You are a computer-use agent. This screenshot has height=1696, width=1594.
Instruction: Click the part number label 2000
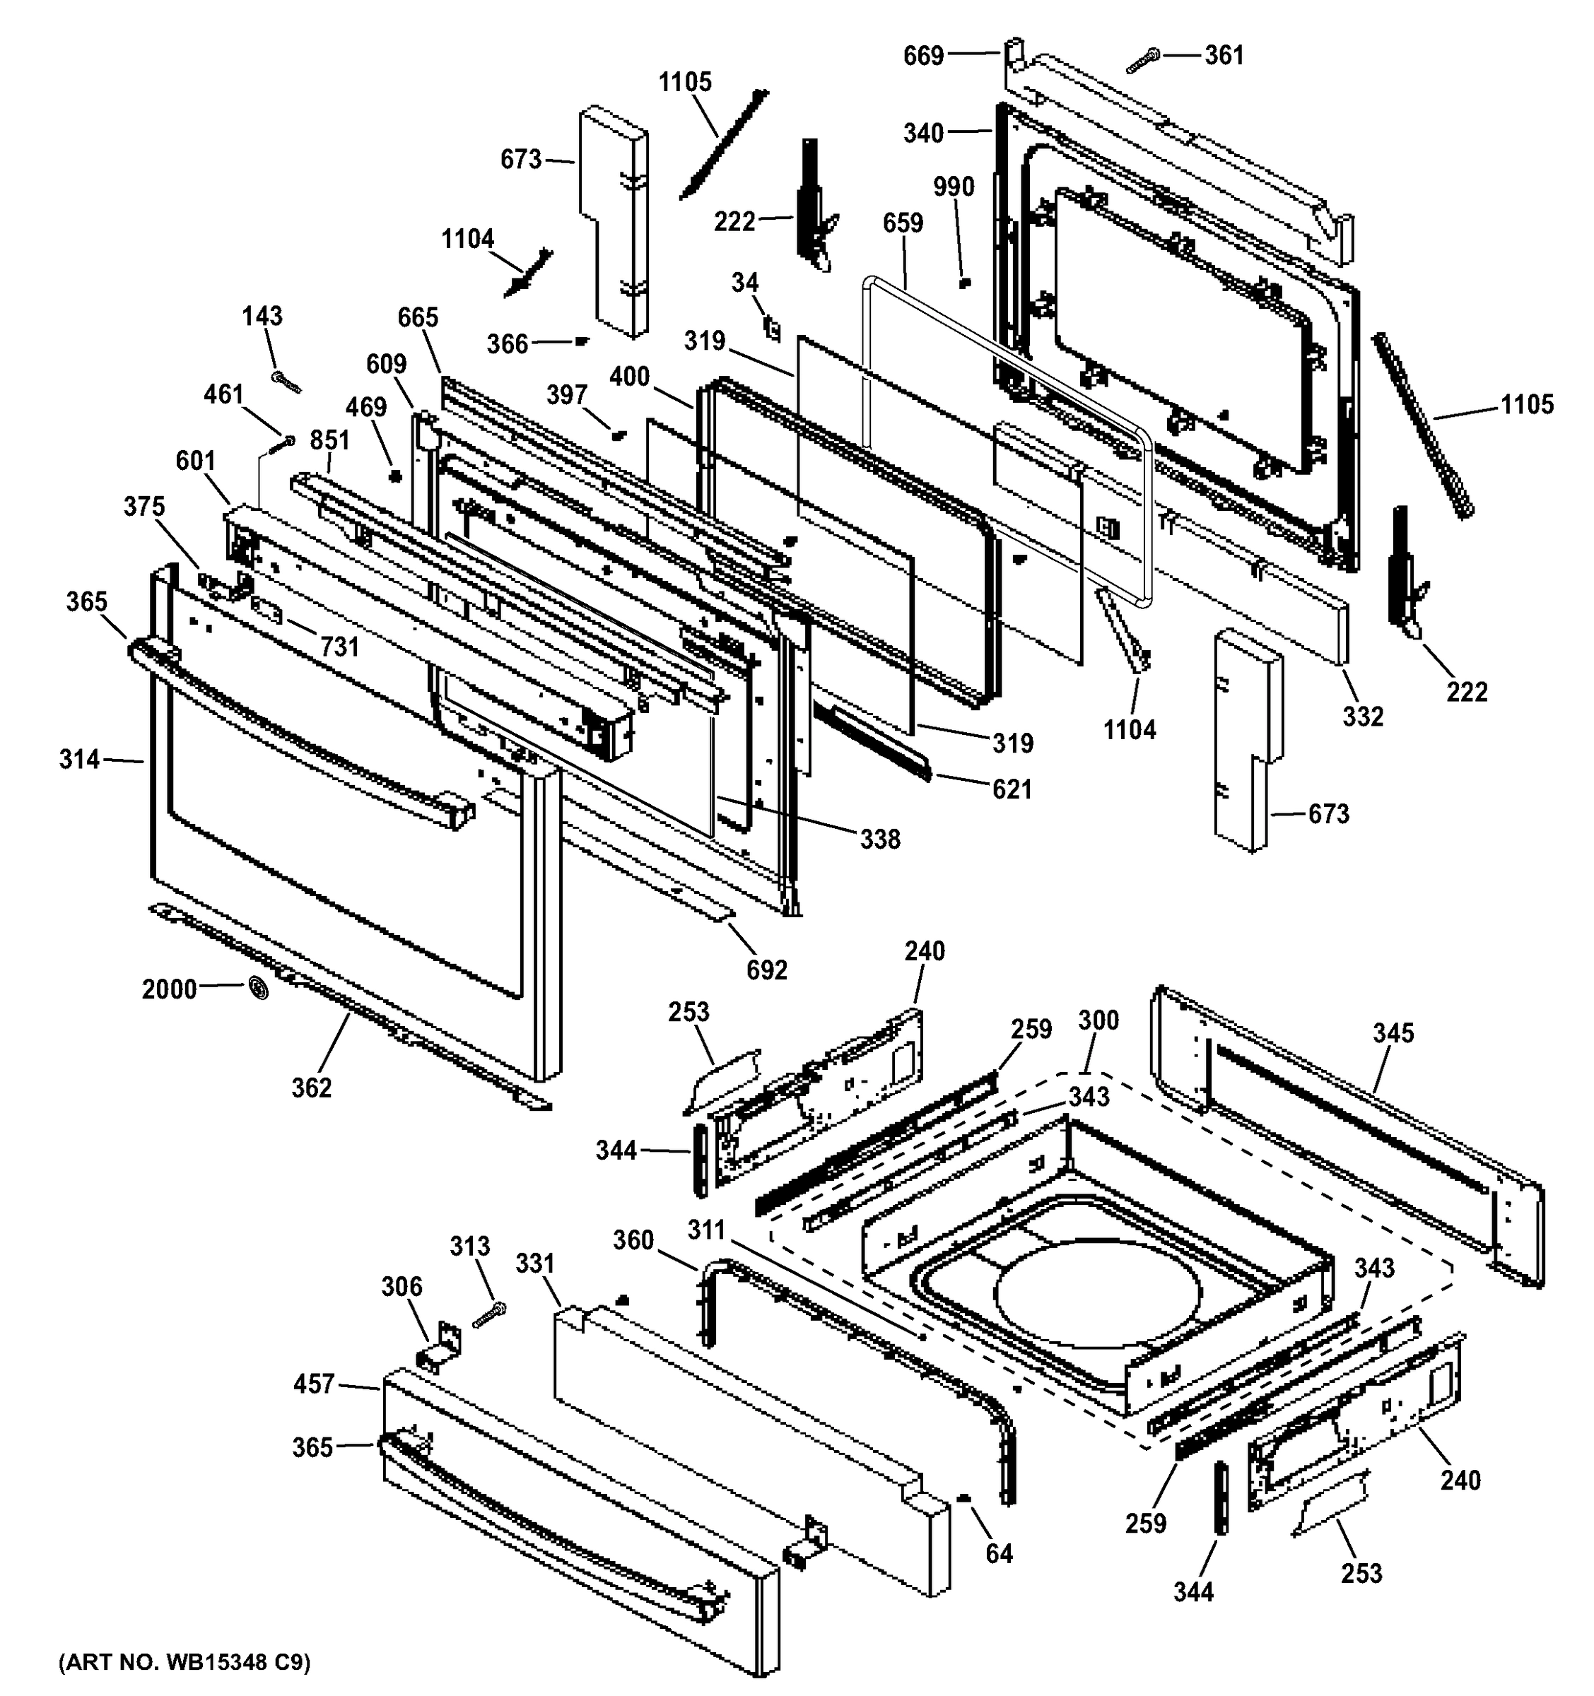169,989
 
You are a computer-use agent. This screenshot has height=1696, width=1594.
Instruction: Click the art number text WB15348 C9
184,1662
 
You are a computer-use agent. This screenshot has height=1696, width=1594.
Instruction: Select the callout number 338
880,840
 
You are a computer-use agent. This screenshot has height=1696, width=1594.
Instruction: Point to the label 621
1012,789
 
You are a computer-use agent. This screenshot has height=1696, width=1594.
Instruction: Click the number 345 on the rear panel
1393,1033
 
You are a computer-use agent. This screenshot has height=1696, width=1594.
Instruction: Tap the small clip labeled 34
772,328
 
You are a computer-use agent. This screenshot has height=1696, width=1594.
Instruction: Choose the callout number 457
314,1384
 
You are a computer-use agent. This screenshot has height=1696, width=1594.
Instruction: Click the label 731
339,647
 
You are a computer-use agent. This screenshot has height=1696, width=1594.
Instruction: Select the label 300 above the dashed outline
1098,1020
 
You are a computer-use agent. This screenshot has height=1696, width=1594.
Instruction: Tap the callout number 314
79,758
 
